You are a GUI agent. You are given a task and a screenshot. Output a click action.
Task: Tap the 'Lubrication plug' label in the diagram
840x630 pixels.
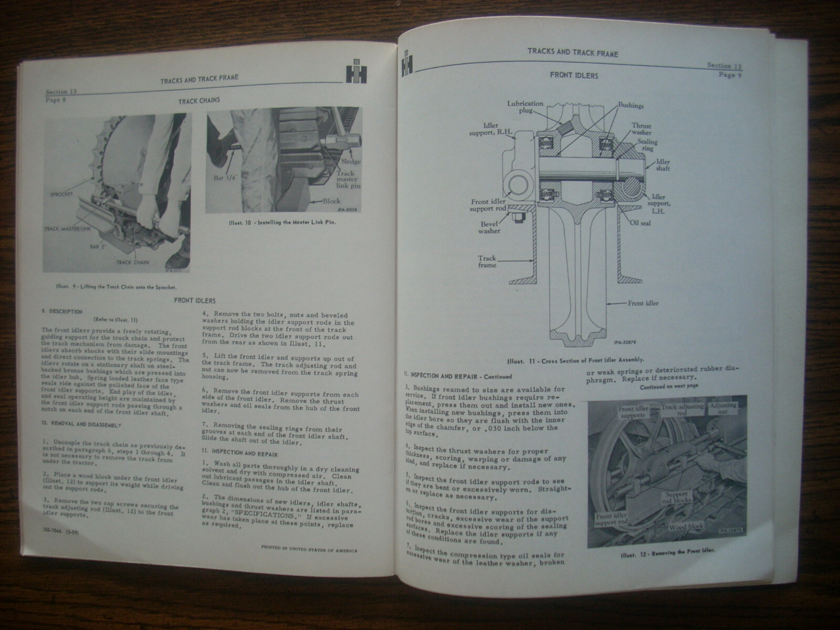(525, 107)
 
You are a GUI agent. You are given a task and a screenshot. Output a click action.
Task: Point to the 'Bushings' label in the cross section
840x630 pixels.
(631, 106)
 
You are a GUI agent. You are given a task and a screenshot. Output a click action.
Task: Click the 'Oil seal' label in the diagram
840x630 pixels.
(640, 222)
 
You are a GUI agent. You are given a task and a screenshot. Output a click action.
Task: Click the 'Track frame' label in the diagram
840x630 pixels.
(487, 262)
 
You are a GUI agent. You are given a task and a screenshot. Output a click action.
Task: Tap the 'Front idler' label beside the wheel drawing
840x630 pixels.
(643, 303)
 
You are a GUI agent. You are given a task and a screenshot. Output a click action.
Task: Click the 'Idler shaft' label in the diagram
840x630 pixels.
(663, 165)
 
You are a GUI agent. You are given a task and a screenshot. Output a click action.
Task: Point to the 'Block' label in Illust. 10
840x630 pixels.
(332, 201)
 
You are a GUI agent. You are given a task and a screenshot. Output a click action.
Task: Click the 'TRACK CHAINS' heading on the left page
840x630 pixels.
(199, 100)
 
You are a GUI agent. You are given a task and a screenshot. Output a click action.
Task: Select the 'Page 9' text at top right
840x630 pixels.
(730, 75)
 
